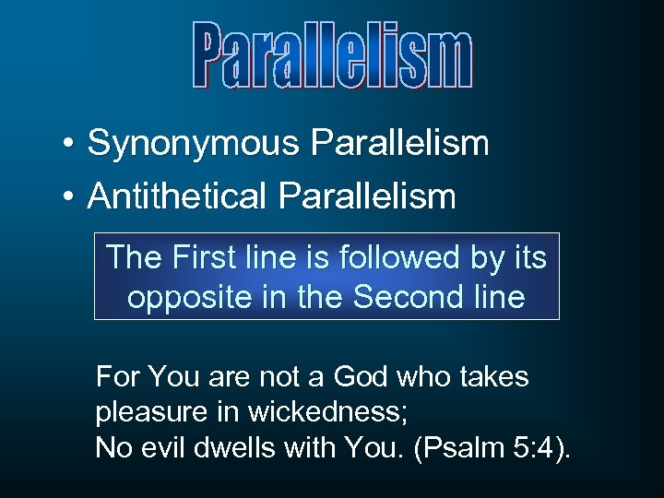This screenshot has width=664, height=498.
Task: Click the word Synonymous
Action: [x=194, y=143]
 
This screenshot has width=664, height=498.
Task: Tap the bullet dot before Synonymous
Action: [x=69, y=144]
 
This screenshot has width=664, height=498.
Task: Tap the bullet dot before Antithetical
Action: [x=69, y=196]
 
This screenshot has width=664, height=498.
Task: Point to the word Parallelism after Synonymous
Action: [x=399, y=143]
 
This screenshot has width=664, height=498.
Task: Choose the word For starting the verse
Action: [x=117, y=376]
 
